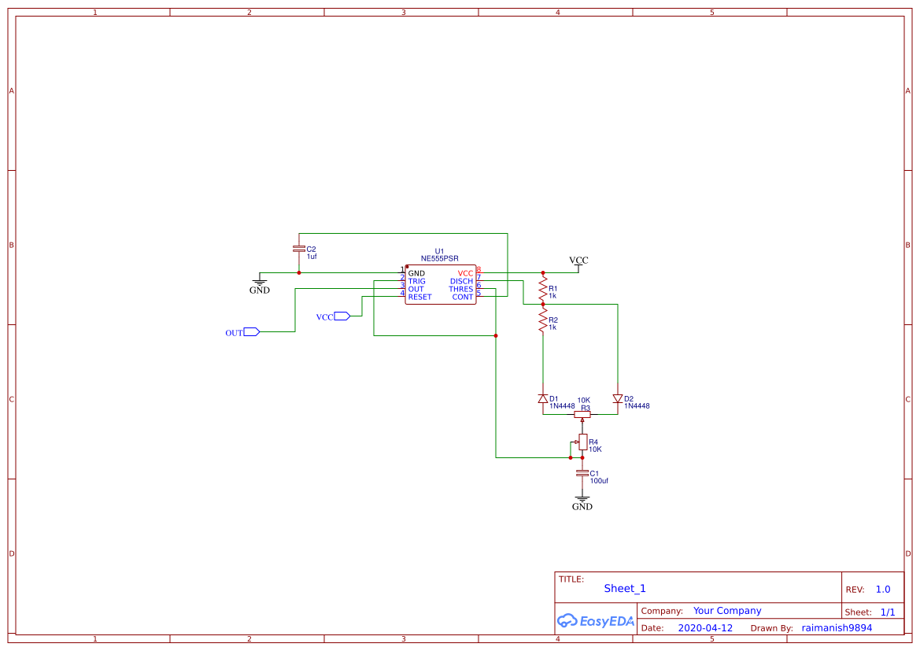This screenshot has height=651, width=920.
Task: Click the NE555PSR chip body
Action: pyautogui.click(x=440, y=285)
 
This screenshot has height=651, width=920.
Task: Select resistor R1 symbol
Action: pyautogui.click(x=542, y=290)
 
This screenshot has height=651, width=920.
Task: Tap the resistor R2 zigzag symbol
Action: pyautogui.click(x=542, y=320)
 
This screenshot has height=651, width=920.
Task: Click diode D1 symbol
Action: pyautogui.click(x=542, y=399)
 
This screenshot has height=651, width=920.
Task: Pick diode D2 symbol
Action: pyautogui.click(x=617, y=399)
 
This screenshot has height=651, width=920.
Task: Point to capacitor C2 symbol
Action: pyautogui.click(x=298, y=249)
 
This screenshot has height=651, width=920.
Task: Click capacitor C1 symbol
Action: pyautogui.click(x=582, y=474)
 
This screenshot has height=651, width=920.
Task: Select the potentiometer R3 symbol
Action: pyautogui.click(x=582, y=414)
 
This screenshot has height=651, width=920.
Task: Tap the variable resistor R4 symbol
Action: pyautogui.click(x=582, y=442)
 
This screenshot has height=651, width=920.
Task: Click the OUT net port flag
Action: pyautogui.click(x=251, y=332)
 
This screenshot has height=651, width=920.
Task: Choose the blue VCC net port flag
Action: pyautogui.click(x=342, y=316)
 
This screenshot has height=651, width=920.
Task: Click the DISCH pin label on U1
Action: pyautogui.click(x=461, y=281)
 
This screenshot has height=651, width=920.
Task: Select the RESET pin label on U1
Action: pyautogui.click(x=419, y=298)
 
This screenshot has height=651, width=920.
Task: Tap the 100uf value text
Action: pyautogui.click(x=599, y=481)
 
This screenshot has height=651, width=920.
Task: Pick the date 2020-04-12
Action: pyautogui.click(x=705, y=628)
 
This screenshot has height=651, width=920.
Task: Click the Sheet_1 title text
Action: pyautogui.click(x=625, y=589)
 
